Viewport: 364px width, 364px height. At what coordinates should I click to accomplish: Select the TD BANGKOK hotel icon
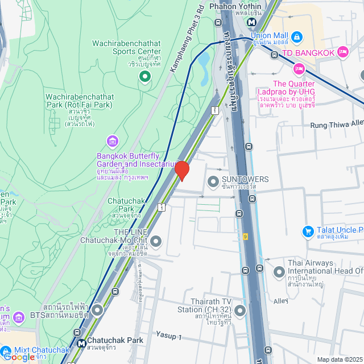tap(342, 52)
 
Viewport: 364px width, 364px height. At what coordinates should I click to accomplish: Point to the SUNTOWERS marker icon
tap(213, 181)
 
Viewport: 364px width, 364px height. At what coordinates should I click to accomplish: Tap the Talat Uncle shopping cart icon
tap(308, 231)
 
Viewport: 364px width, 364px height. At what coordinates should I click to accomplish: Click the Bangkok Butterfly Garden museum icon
tap(113, 140)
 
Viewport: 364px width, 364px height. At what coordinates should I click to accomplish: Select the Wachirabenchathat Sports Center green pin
tap(145, 76)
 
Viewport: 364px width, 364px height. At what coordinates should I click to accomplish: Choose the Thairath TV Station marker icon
tap(240, 311)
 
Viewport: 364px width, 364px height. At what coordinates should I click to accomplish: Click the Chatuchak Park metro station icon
tap(82, 344)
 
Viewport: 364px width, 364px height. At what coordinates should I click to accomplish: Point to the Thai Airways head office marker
tap(279, 272)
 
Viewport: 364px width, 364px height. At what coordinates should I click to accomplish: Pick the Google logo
tap(18, 357)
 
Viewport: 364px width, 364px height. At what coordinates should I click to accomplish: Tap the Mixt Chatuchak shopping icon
tap(6, 351)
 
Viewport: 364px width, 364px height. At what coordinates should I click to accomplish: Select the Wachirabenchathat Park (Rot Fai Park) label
tap(78, 100)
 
